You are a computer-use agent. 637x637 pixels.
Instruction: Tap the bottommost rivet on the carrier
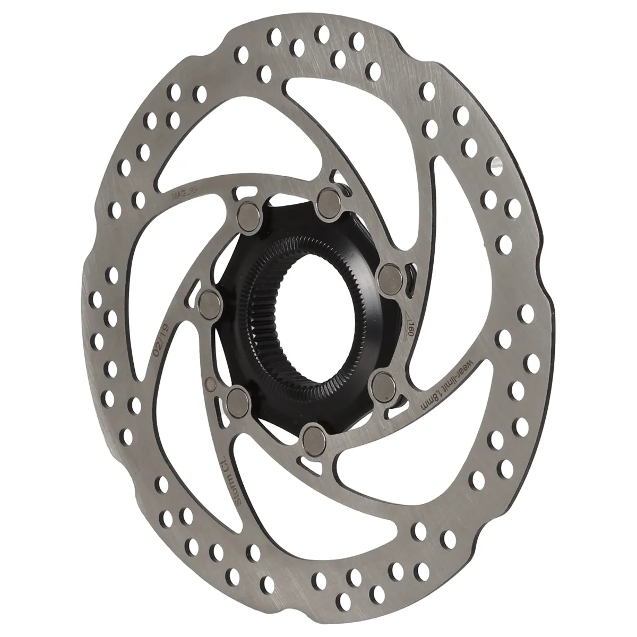[309, 436]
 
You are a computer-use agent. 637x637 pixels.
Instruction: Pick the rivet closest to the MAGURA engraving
[248, 213]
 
